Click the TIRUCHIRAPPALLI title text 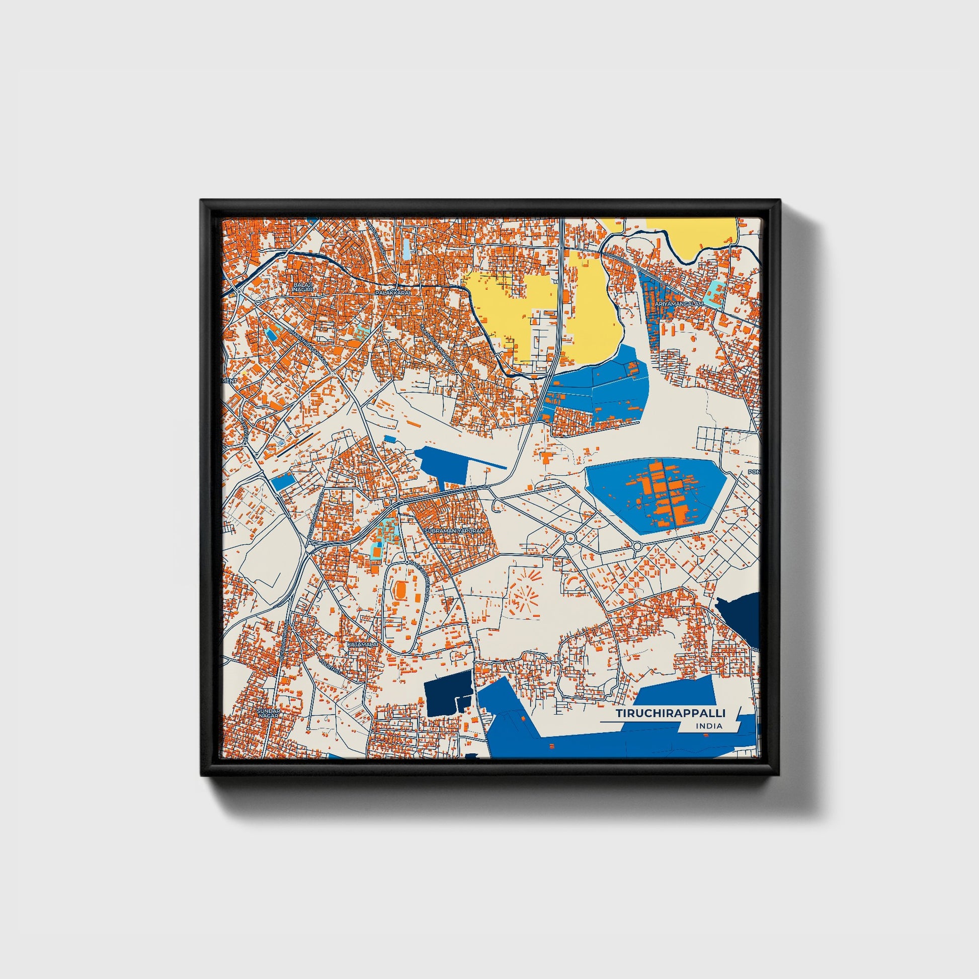(671, 713)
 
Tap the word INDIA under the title (709, 726)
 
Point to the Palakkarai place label (391, 293)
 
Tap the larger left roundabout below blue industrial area (570, 538)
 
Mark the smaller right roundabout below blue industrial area (636, 546)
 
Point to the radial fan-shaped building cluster (526, 598)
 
